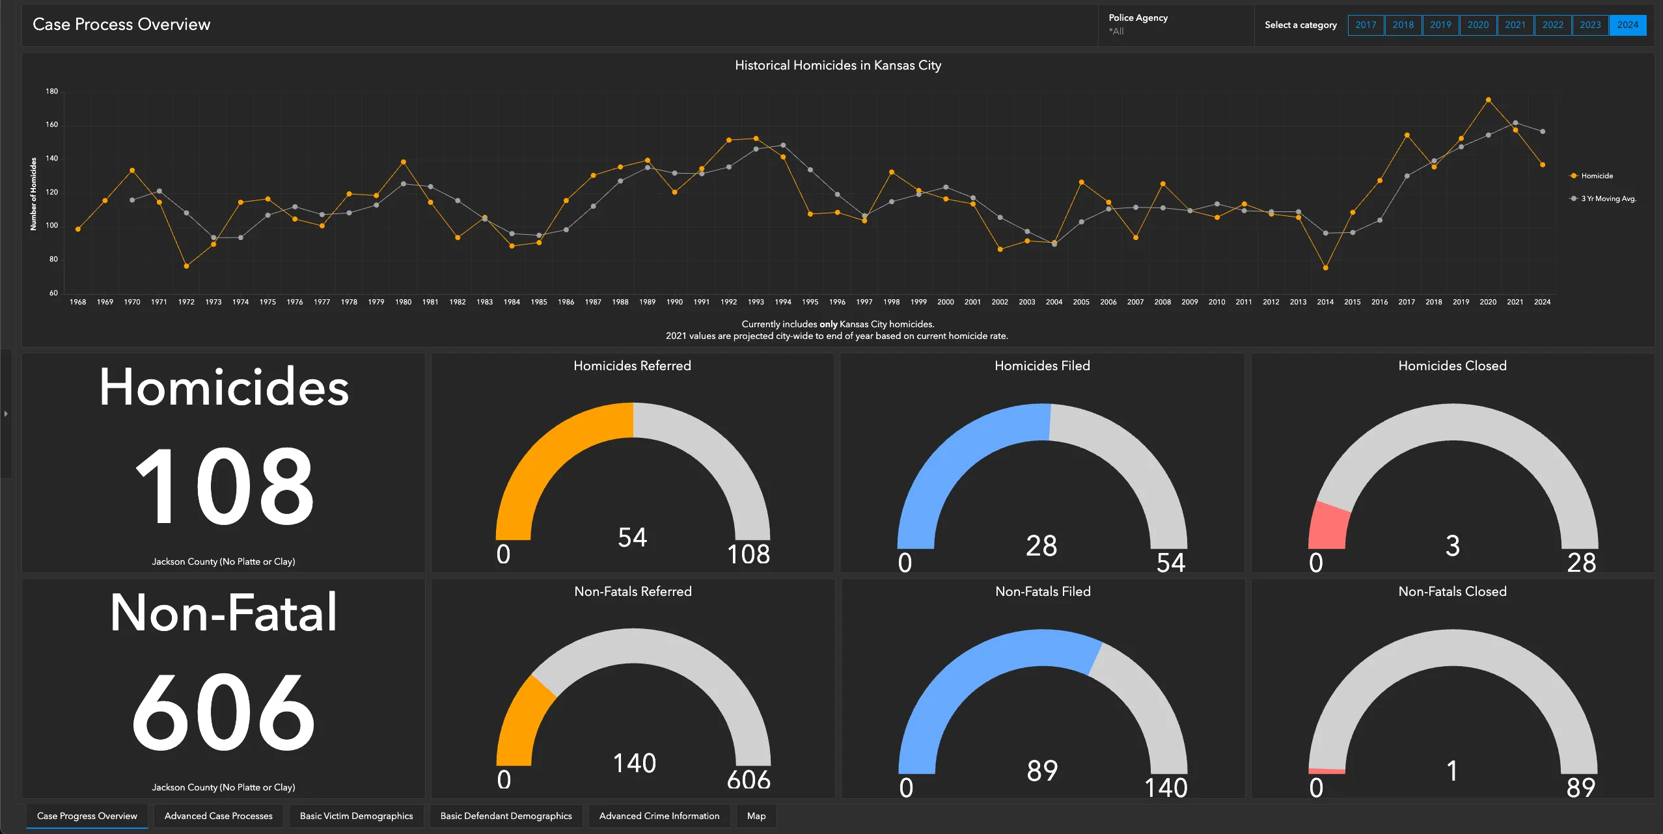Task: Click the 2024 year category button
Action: (1627, 25)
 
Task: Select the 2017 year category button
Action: (1366, 25)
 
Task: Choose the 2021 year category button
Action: (1515, 25)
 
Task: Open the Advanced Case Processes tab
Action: (218, 816)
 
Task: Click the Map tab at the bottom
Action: (756, 816)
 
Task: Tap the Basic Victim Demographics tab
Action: (356, 816)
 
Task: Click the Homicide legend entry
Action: (1596, 176)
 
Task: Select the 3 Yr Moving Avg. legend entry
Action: (1608, 198)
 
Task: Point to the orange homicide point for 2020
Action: (1488, 100)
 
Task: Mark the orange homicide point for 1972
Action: (186, 266)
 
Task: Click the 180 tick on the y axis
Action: (51, 92)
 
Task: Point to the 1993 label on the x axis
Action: (756, 302)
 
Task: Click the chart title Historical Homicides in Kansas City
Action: (838, 65)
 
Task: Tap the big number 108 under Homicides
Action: (224, 486)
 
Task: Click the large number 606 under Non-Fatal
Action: (224, 712)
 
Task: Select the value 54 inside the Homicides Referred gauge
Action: (632, 537)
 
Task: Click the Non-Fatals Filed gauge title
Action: (1042, 591)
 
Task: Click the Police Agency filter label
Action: (1138, 18)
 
